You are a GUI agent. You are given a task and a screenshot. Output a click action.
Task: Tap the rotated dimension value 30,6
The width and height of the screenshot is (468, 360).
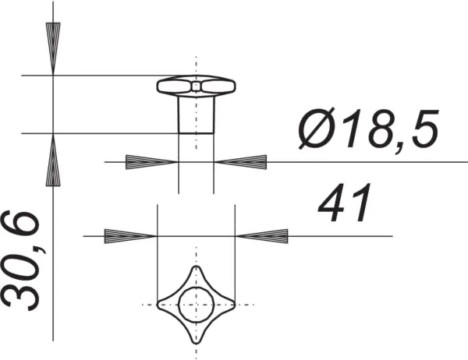tap(21, 260)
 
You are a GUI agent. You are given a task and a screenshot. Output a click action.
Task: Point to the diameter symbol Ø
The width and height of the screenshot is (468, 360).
tap(316, 130)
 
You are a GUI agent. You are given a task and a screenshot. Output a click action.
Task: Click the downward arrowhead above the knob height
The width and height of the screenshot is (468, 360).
tap(52, 49)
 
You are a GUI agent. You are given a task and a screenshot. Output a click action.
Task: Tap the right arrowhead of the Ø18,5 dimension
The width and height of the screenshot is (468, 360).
tap(241, 162)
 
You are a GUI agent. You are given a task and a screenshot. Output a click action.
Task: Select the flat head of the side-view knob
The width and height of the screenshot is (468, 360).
tap(196, 85)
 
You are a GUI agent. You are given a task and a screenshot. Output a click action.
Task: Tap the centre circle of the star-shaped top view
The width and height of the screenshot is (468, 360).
tap(195, 304)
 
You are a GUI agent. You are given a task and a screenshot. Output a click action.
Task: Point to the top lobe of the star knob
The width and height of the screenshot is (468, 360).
tap(195, 275)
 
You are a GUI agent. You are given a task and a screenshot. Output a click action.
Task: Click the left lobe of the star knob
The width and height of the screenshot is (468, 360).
tap(165, 304)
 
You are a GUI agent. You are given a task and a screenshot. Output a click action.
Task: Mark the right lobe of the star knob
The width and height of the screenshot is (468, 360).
tap(225, 304)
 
